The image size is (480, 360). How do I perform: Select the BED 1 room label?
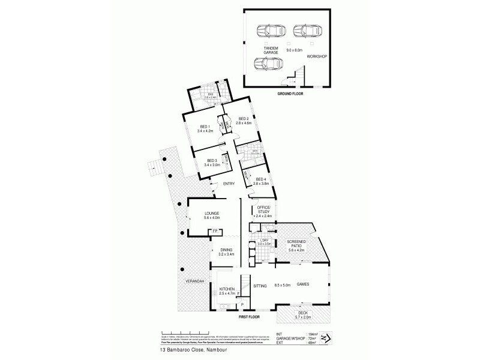(x=204, y=127)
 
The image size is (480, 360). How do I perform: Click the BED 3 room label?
(x=211, y=160)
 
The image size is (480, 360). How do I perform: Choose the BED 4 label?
(x=260, y=179)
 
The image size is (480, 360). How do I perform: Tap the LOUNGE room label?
(x=211, y=214)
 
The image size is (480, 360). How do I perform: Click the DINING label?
(x=226, y=251)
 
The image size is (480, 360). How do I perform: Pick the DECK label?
(x=305, y=313)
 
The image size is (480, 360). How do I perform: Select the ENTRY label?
(x=228, y=184)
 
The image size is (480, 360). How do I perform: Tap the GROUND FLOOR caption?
(x=290, y=94)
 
